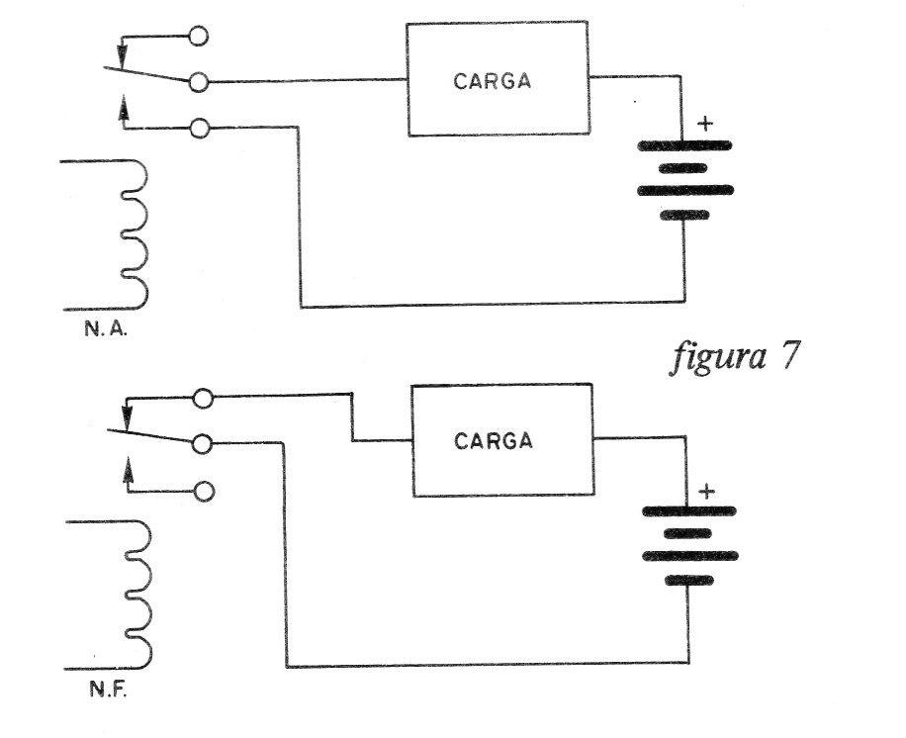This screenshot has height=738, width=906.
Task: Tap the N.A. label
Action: [x=105, y=329]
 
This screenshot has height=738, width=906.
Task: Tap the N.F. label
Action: [x=108, y=690]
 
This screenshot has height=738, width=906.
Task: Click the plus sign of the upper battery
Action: [x=705, y=124]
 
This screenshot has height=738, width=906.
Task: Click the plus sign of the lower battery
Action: [x=706, y=492]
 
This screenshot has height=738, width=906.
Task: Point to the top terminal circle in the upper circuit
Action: [x=198, y=36]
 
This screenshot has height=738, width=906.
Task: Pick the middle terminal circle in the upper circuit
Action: [x=198, y=82]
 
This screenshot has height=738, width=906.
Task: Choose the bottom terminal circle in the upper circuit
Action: [x=200, y=128]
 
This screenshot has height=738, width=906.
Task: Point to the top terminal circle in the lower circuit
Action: [x=203, y=399]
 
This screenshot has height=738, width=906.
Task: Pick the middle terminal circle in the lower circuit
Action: [x=202, y=444]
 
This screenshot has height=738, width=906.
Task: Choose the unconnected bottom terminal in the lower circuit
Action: [x=204, y=492]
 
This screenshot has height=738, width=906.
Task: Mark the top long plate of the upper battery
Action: [x=684, y=145]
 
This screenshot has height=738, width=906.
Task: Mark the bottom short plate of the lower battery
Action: [x=688, y=581]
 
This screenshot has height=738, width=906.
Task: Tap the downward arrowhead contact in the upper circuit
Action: [x=122, y=54]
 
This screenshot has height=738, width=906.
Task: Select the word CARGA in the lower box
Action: [x=493, y=441]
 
